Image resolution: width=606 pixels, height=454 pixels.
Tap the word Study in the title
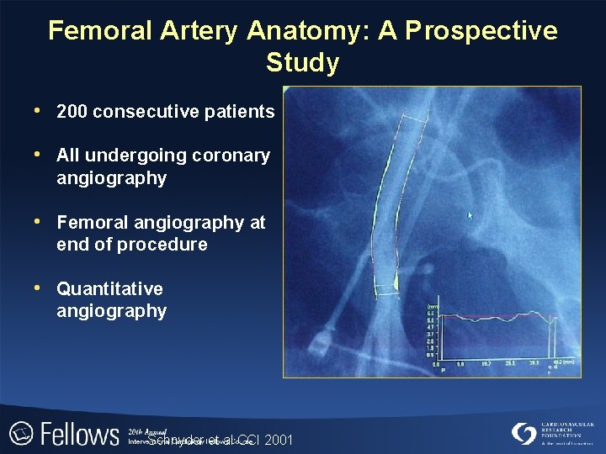(x=302, y=63)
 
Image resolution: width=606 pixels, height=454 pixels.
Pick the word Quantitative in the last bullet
(x=109, y=289)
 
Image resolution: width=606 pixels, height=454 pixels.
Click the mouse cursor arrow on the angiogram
(x=470, y=216)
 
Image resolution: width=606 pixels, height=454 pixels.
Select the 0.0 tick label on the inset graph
(x=435, y=365)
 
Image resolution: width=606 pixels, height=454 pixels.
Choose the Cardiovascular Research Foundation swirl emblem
(x=524, y=433)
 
